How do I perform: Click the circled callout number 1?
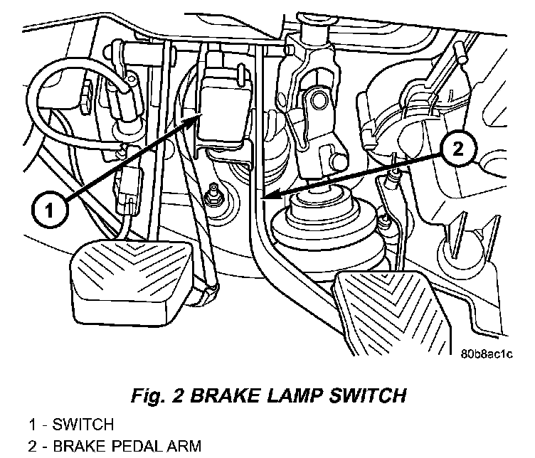click(x=48, y=211)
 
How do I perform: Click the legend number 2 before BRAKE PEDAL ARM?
click(x=33, y=447)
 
